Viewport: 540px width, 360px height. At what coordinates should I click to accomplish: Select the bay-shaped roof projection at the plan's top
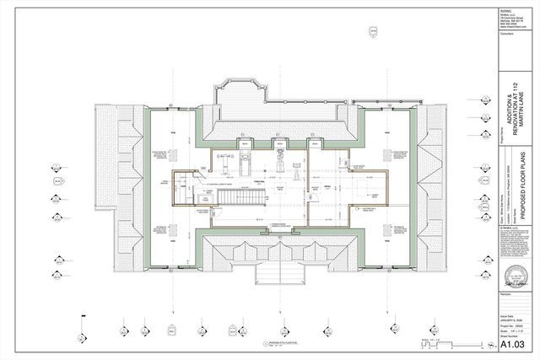(x=241, y=92)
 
